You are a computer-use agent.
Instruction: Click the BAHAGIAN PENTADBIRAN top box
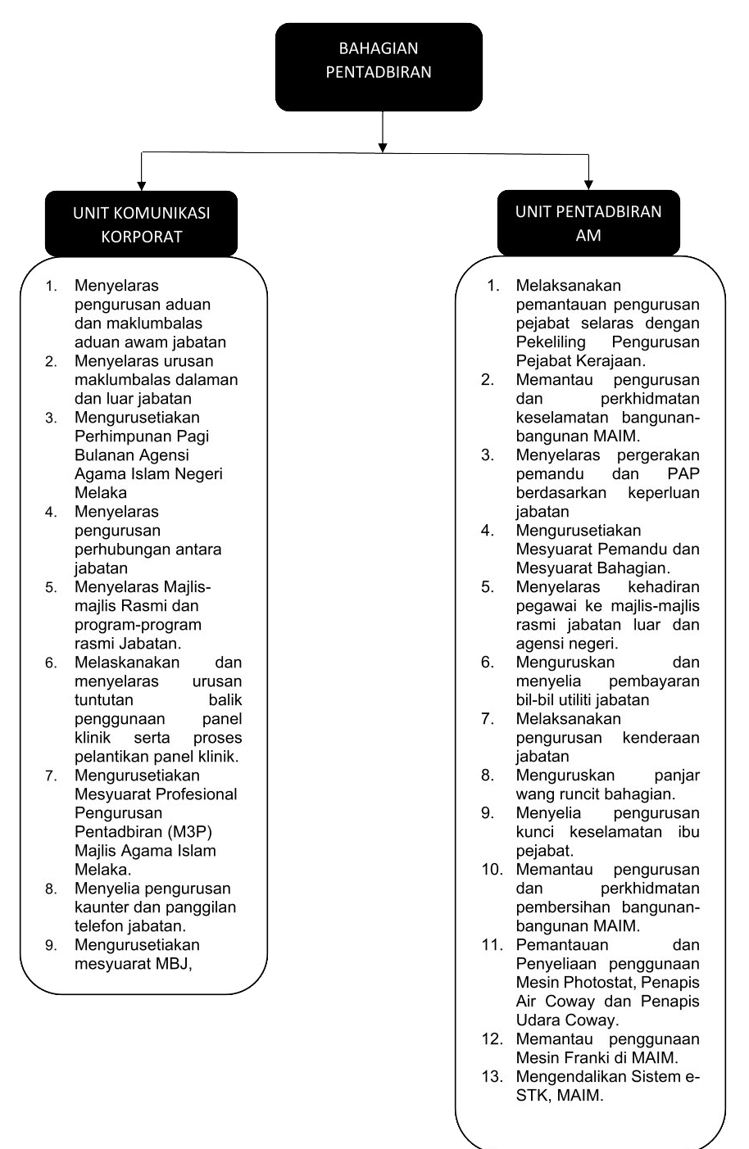[379, 66]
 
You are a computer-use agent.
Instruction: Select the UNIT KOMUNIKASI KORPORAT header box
[141, 224]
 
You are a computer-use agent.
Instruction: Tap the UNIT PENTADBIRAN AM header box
[588, 223]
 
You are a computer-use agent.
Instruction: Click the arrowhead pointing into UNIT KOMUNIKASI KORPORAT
[142, 185]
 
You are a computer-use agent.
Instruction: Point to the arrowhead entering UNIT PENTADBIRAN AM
[588, 184]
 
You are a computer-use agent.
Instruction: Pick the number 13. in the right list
[493, 1077]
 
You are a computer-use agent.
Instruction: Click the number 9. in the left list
[52, 946]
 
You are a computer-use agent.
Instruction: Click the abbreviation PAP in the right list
[683, 474]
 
